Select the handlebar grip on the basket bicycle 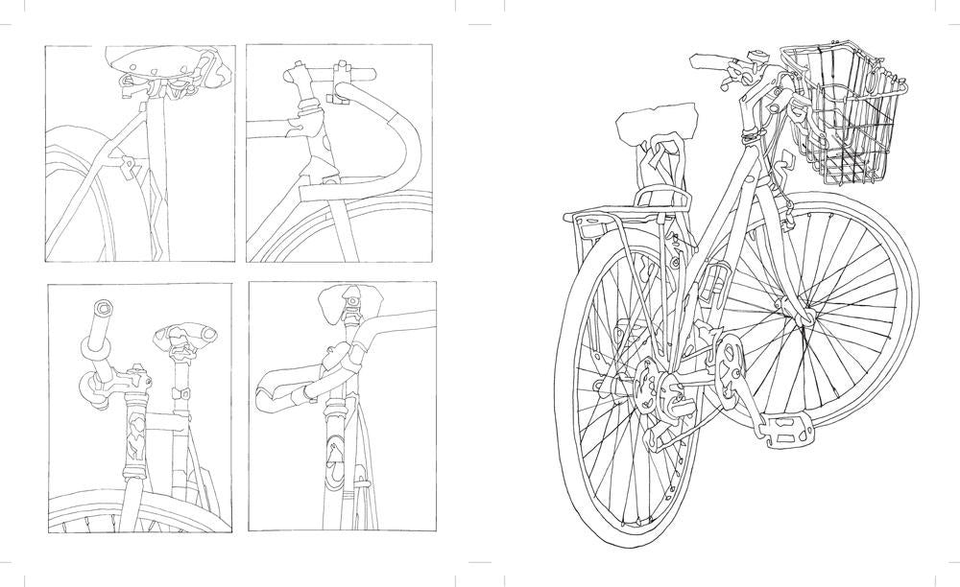708,62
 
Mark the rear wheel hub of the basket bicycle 645,384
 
